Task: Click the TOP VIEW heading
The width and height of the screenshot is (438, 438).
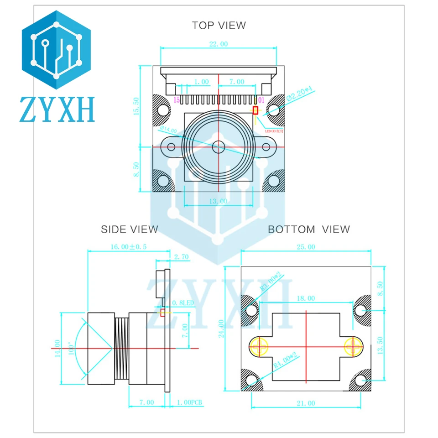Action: click(219, 25)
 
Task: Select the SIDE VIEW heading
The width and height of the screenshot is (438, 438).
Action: click(129, 229)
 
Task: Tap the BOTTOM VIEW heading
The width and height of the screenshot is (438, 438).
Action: click(309, 229)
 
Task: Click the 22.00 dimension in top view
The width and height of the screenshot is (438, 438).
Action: click(218, 44)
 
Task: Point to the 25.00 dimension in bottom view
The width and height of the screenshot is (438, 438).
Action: click(305, 247)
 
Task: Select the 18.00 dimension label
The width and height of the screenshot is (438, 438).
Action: click(305, 298)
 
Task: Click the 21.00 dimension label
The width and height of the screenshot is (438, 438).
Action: click(305, 403)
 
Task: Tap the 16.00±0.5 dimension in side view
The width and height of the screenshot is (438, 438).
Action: click(128, 246)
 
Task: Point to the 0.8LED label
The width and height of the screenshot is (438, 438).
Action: click(183, 303)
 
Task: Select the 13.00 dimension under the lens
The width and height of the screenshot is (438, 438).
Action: click(218, 201)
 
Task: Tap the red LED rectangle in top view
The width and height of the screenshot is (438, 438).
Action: click(255, 110)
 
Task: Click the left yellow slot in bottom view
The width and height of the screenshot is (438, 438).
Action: click(259, 346)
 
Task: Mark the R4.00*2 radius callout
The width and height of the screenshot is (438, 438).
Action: click(285, 360)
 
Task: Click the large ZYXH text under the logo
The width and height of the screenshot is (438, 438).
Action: click(57, 109)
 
